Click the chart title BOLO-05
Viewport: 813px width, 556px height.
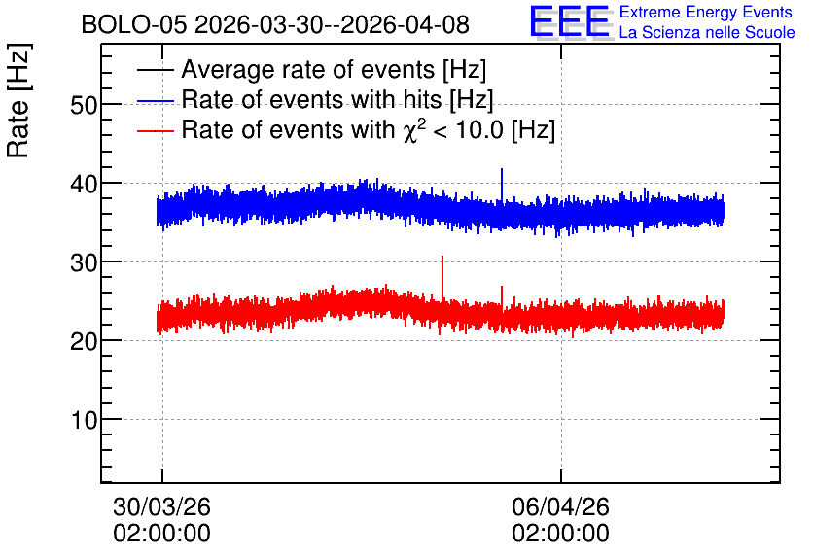(134, 24)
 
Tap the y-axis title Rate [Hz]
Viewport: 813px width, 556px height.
(18, 100)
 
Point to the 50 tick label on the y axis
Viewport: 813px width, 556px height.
(84, 106)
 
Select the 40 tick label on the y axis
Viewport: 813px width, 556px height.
(84, 184)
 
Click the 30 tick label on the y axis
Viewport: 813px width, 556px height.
(84, 263)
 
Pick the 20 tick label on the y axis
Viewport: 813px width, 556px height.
(84, 342)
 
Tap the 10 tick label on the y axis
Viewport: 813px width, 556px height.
(84, 420)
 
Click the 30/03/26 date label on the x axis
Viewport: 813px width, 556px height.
(161, 506)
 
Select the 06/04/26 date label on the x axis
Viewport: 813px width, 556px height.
(560, 506)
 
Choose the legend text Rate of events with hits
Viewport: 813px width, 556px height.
(337, 99)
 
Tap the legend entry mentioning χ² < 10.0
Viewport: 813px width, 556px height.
(369, 129)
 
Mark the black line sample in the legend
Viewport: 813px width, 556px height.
(155, 70)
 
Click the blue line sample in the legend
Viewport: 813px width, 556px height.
(155, 100)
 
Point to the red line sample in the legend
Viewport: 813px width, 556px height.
(155, 130)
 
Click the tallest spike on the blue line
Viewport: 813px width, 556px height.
(502, 169)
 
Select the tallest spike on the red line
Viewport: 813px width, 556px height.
(442, 257)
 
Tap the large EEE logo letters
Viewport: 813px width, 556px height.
(570, 21)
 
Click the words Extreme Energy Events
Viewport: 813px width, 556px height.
(706, 12)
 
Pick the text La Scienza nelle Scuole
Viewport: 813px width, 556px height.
(707, 33)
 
